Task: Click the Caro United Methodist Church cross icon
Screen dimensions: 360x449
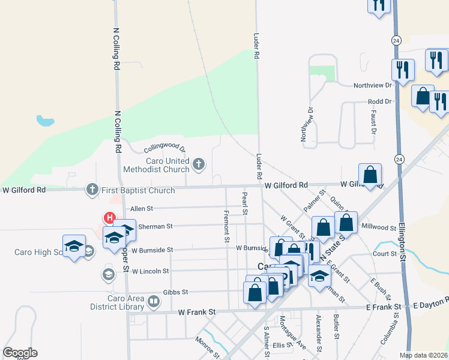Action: (199, 163)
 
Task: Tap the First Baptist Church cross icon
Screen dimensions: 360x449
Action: (92, 190)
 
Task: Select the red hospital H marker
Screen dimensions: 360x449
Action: (110, 218)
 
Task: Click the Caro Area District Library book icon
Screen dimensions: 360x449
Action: (153, 301)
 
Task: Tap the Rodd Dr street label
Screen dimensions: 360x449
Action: (380, 101)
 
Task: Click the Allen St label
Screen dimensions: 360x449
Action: (142, 208)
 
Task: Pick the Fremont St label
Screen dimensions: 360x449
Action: (226, 226)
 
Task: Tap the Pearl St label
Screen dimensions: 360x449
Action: (245, 203)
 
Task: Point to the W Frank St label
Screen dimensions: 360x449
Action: (197, 313)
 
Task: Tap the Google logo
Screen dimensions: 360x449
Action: (20, 353)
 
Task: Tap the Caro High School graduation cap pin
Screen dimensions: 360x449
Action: (74, 246)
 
